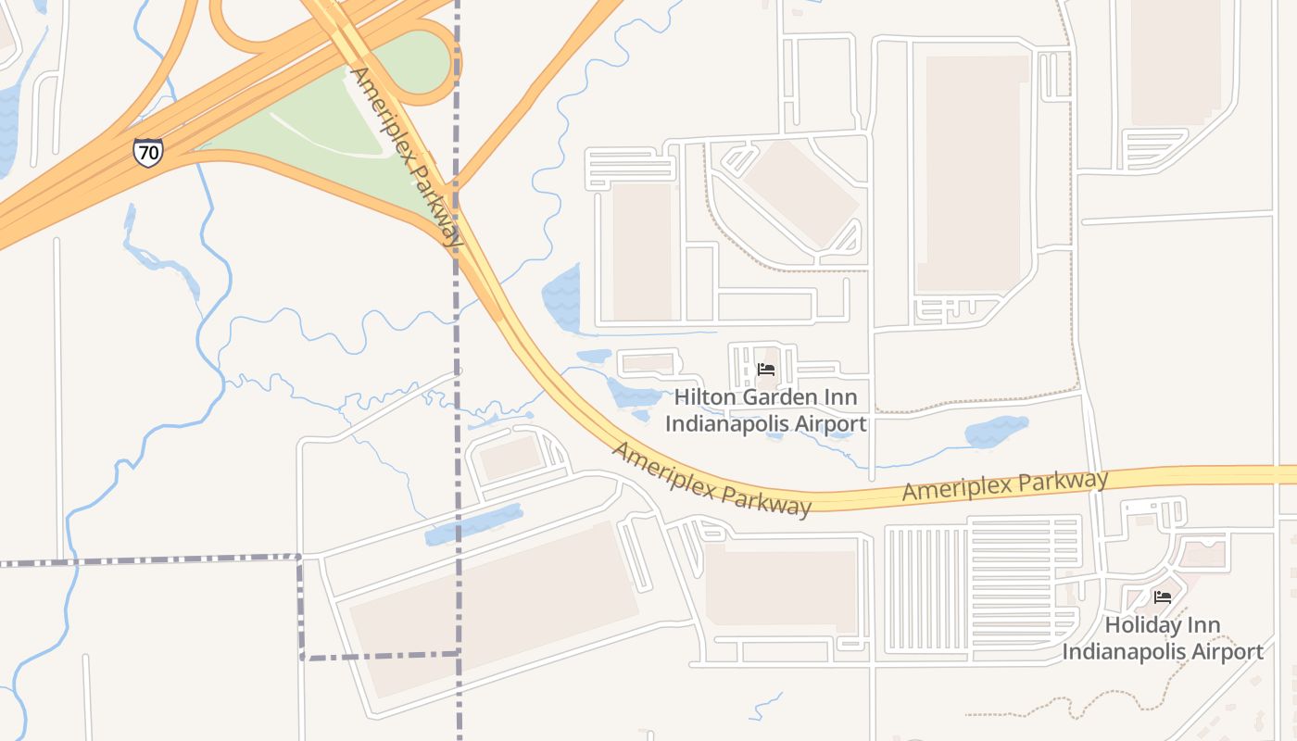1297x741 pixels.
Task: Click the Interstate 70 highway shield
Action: (x=147, y=152)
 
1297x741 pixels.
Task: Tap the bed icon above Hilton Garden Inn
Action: (x=766, y=369)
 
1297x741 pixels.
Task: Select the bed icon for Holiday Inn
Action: (x=1163, y=597)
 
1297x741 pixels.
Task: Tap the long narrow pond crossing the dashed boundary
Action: (x=472, y=524)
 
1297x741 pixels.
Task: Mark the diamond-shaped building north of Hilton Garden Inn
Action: (x=801, y=193)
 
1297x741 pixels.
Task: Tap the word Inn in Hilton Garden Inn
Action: (x=838, y=398)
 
